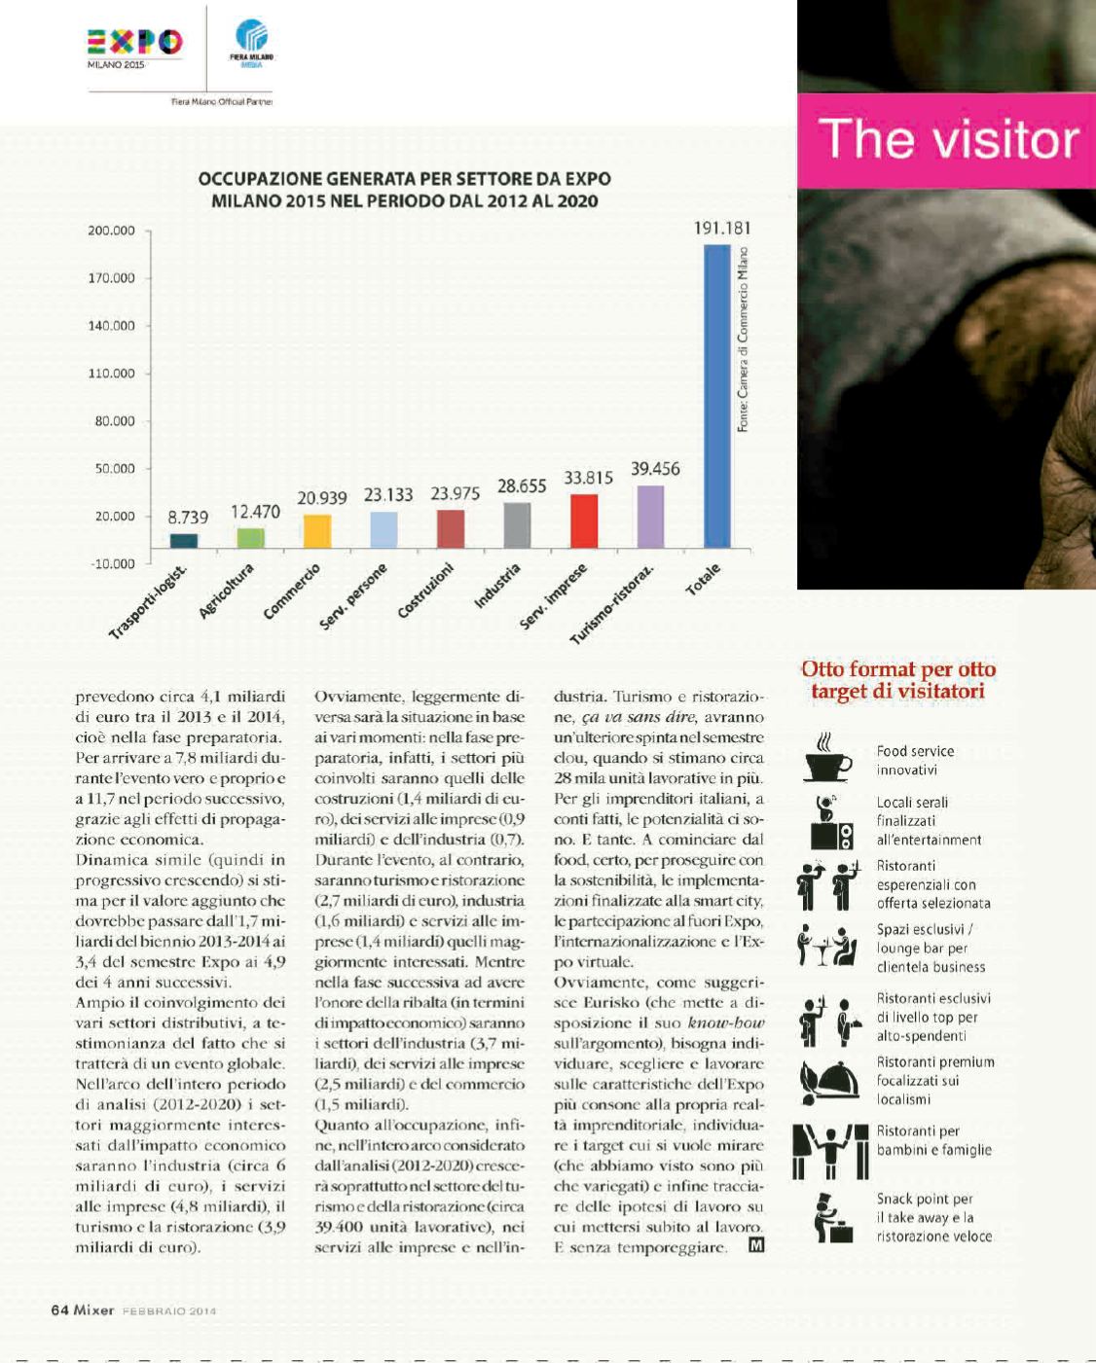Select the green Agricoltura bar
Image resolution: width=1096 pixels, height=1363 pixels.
251,538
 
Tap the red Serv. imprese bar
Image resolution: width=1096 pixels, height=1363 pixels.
584,521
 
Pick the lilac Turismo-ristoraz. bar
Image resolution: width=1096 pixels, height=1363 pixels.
650,517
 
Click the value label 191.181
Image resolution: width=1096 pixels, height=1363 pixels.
721,228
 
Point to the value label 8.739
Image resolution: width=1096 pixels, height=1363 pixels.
188,518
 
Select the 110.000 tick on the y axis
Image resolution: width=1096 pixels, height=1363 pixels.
112,374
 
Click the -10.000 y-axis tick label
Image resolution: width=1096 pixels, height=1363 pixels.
112,564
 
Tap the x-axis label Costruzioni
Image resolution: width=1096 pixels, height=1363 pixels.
427,592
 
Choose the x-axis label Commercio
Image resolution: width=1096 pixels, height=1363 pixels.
293,592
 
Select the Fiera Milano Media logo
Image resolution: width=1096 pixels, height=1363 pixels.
252,45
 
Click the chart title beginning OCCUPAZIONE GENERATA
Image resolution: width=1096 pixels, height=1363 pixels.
405,190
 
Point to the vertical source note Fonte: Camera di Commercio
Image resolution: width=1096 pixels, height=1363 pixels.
743,341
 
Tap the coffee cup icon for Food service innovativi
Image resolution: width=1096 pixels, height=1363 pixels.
828,759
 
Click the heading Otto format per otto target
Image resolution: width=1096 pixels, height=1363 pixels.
897,680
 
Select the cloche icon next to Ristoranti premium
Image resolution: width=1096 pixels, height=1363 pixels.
828,1080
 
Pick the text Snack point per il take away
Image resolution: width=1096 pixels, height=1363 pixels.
932,1217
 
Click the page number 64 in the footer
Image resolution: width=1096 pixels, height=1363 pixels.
59,1309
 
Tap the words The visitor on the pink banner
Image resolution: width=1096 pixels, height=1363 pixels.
949,139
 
